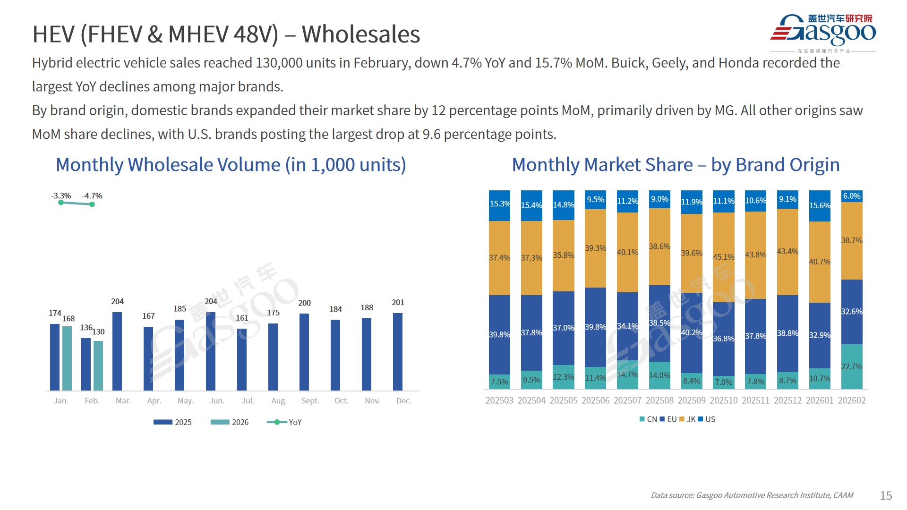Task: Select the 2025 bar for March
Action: coord(117,351)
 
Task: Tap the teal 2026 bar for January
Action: coord(67,358)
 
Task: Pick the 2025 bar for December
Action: coord(398,352)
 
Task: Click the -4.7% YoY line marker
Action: coord(92,204)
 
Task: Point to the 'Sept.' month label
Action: coord(310,401)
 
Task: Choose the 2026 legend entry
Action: coord(230,422)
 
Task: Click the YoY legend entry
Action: coord(284,422)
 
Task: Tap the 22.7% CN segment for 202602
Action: coord(852,366)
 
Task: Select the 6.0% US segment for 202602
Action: coord(852,196)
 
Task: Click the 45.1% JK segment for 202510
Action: coord(723,257)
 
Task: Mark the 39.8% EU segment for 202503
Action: coord(499,334)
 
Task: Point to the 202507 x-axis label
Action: coord(627,400)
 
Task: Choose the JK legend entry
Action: coord(687,419)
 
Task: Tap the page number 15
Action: coord(886,495)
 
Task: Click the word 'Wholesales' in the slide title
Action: coord(361,34)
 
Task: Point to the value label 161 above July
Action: coord(242,318)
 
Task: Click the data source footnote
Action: coord(752,495)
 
